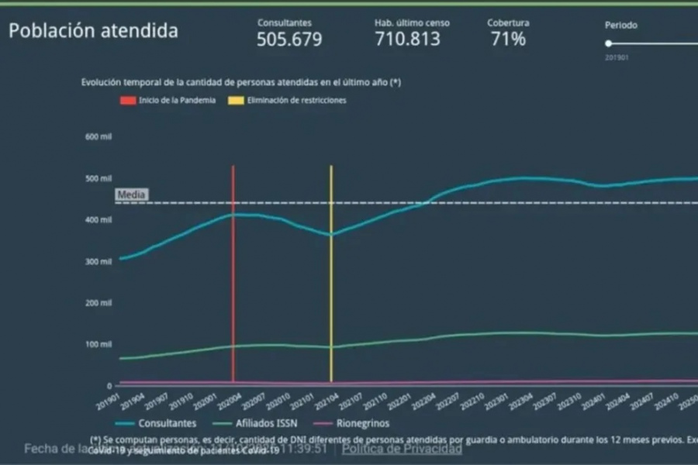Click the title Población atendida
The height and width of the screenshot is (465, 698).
click(93, 31)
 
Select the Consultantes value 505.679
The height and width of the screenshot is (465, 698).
click(289, 40)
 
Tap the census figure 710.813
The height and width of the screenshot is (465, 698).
click(407, 40)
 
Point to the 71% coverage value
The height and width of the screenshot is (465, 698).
click(508, 40)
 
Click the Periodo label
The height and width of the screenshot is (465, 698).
click(621, 25)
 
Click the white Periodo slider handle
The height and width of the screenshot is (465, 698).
click(609, 43)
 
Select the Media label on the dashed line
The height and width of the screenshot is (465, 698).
click(131, 195)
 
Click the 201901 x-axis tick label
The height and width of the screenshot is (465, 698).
click(108, 402)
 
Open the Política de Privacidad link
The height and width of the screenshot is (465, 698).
click(402, 449)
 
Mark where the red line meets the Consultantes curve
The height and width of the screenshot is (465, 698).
click(233, 215)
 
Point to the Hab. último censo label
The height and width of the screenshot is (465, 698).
click(412, 23)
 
